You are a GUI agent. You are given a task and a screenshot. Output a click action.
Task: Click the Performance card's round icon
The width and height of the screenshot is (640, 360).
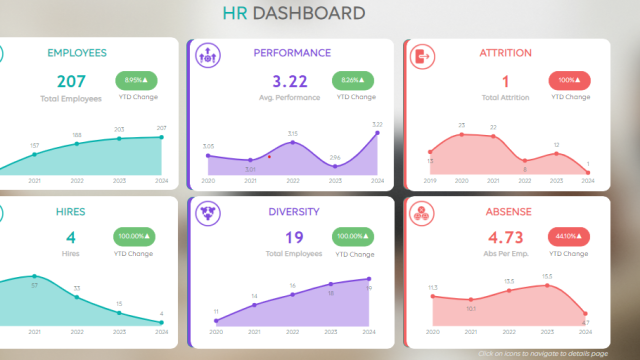pos(207,57)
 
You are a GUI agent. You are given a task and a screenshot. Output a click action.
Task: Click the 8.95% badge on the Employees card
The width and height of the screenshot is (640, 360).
pos(135,80)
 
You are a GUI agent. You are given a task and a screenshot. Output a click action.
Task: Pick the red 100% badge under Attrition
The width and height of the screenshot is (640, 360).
pos(567,80)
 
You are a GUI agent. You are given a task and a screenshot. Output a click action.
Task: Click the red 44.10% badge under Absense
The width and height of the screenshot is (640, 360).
pos(567,237)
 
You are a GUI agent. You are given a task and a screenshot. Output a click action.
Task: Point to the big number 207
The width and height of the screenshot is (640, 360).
pos(71,81)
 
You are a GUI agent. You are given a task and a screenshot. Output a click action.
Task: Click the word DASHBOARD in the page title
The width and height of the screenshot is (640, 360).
pos(308,13)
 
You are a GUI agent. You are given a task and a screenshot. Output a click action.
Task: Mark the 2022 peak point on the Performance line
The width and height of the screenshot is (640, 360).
pos(293,142)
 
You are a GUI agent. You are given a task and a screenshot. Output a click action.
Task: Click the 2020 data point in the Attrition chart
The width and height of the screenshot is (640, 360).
pos(461,134)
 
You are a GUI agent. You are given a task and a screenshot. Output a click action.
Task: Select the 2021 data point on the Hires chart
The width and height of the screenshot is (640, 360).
pos(35,276)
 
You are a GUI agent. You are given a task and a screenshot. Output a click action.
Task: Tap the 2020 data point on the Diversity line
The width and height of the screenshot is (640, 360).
pos(216,321)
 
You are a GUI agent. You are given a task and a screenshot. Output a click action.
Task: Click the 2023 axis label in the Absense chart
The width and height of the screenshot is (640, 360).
pos(547,331)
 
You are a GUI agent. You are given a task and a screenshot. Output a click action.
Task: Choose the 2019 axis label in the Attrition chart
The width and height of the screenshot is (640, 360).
pos(430,181)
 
